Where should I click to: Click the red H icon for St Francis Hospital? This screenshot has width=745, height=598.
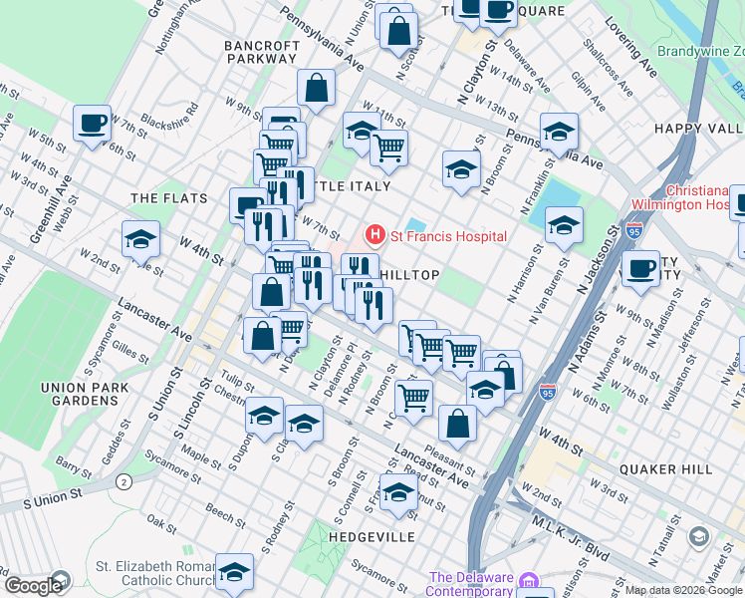[x=375, y=236]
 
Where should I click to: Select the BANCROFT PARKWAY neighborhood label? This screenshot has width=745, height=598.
[x=262, y=52]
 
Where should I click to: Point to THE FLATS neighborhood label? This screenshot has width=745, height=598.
[x=169, y=198]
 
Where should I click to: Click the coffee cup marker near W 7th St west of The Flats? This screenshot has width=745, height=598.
[x=93, y=125]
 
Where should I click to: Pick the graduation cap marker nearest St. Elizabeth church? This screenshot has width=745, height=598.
[x=234, y=572]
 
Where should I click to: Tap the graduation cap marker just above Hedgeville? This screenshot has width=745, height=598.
[x=399, y=492]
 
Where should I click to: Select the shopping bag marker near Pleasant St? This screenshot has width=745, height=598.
[x=457, y=423]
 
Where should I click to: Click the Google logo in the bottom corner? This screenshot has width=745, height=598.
[x=33, y=586]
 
